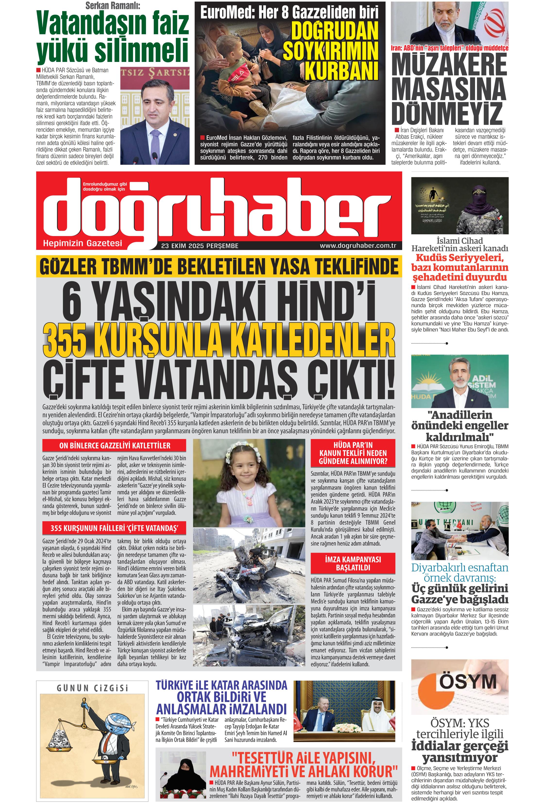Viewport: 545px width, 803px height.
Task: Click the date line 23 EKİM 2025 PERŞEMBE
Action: tap(200, 246)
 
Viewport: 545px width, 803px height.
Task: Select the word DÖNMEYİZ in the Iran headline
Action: tap(446, 113)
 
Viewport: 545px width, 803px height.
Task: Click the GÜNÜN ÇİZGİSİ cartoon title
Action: tap(92, 688)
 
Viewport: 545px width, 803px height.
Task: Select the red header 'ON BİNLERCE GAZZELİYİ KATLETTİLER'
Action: tap(114, 445)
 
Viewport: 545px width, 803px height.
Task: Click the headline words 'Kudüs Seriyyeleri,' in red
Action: tap(460, 258)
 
